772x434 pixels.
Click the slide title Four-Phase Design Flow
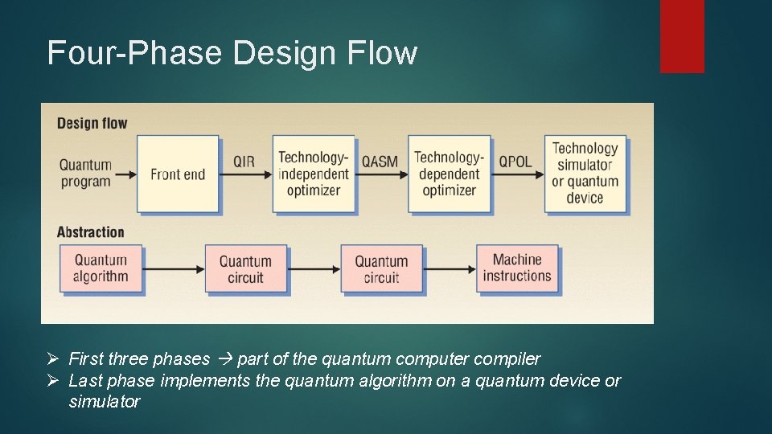coord(232,53)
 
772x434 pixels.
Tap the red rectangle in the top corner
coord(682,36)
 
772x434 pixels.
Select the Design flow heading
coord(92,123)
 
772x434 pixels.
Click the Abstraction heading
coord(90,232)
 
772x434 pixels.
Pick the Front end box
coord(178,174)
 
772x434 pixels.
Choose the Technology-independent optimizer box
coord(314,174)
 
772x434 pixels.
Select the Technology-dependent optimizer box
coord(449,174)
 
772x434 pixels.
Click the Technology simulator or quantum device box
coord(585,173)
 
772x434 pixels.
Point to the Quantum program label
coord(85,174)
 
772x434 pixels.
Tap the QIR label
coord(244,162)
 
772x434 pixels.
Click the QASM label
coord(380,162)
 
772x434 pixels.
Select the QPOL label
coord(515,162)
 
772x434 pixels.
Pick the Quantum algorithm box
coord(101,268)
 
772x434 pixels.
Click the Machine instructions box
coord(517,268)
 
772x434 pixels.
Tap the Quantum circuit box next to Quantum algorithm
coord(245,269)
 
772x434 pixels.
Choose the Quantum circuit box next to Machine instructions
coord(381,269)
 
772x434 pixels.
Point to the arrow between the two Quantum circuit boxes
coord(312,268)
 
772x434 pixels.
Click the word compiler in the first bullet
coord(507,358)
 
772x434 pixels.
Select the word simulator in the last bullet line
coord(105,401)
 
